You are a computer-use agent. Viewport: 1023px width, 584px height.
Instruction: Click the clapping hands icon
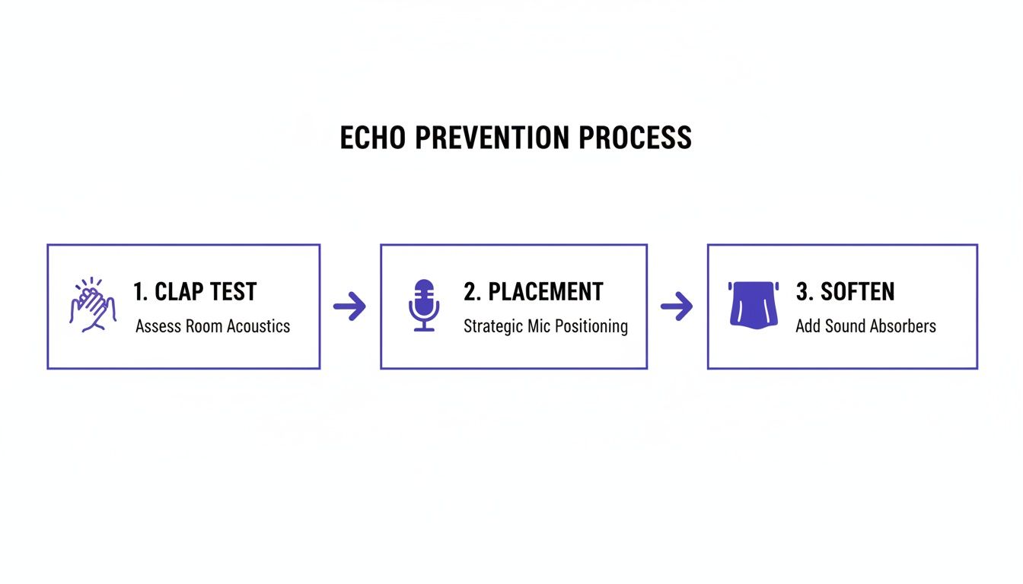point(93,305)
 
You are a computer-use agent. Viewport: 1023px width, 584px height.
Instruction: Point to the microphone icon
point(424,305)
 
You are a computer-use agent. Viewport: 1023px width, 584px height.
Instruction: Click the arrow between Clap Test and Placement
point(349,307)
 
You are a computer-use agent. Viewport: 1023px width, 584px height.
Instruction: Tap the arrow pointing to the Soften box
point(677,307)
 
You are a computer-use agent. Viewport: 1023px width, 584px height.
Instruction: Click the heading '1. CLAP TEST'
point(195,291)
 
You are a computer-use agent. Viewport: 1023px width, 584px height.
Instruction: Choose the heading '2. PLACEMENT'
point(533,291)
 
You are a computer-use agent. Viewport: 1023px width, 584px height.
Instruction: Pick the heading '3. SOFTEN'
point(845,291)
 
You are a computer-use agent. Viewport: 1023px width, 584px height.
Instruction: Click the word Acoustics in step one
point(257,326)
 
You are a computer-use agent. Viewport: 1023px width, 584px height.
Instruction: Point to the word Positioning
point(591,327)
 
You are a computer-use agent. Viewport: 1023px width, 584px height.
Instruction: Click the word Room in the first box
point(202,326)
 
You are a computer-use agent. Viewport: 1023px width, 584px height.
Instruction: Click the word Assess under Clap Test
point(156,326)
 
